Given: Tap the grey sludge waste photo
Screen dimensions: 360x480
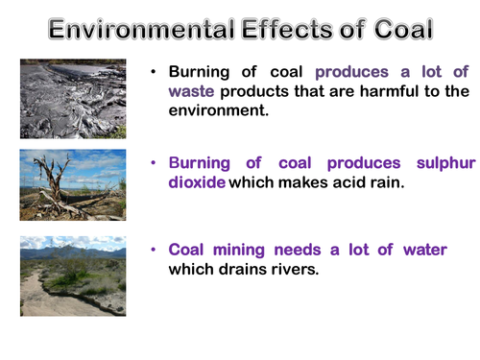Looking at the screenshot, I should point(73,98).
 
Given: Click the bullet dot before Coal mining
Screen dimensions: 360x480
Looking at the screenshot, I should point(155,250).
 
